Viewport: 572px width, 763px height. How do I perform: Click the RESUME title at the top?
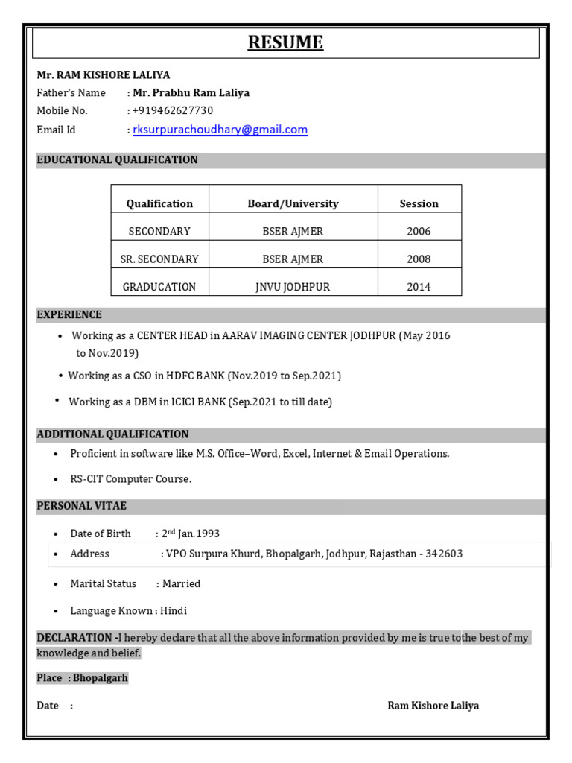(286, 42)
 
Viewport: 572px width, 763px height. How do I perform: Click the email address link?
(220, 130)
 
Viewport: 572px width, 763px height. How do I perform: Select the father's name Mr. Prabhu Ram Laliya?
(191, 92)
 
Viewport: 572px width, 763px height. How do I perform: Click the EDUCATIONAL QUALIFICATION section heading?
(117, 159)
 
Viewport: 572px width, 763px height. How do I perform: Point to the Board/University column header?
(293, 203)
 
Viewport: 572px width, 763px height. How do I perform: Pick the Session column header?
(419, 203)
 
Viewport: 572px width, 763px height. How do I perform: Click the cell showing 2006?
(419, 231)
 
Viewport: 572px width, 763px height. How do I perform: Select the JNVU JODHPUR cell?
(293, 287)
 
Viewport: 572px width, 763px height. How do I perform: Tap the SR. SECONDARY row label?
(159, 259)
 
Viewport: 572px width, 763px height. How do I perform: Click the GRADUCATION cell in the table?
(159, 287)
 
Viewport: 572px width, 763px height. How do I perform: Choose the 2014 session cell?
(419, 287)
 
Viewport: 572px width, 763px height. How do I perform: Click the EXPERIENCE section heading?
(69, 314)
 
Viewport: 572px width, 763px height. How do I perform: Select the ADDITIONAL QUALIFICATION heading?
(112, 434)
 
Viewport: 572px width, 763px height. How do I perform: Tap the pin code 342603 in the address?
(444, 554)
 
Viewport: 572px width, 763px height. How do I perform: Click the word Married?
(181, 583)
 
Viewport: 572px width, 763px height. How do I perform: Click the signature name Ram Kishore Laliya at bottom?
(433, 705)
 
